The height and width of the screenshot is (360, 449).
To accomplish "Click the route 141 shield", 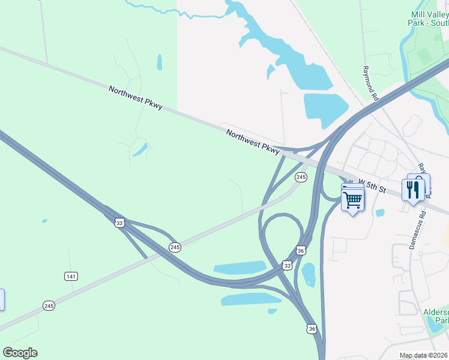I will coord(71,275).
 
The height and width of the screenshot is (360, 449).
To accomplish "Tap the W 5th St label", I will coord(372,185).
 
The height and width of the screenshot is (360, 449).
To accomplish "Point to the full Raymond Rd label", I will coord(370,83).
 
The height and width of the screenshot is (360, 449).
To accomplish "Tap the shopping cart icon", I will coord(353,199).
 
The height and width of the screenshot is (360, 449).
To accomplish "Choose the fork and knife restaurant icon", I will coord(413,190).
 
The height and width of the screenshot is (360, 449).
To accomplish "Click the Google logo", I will coord(20,353).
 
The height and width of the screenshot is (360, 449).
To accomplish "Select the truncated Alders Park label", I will coord(436,317).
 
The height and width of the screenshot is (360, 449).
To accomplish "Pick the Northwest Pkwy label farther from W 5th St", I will coord(135,97).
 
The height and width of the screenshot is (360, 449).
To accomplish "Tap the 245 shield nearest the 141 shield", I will coord(49,306).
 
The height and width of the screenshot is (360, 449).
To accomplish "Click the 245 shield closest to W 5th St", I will coord(301,177).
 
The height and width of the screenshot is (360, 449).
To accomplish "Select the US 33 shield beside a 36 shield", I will coord(287,265).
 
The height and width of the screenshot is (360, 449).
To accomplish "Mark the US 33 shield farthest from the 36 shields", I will coord(119,223).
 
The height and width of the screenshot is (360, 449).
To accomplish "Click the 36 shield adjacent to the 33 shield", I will coord(301,250).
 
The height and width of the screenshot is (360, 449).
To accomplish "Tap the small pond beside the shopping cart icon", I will coord(379,212).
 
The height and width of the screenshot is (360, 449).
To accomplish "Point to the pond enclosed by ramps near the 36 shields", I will coord(309,274).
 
